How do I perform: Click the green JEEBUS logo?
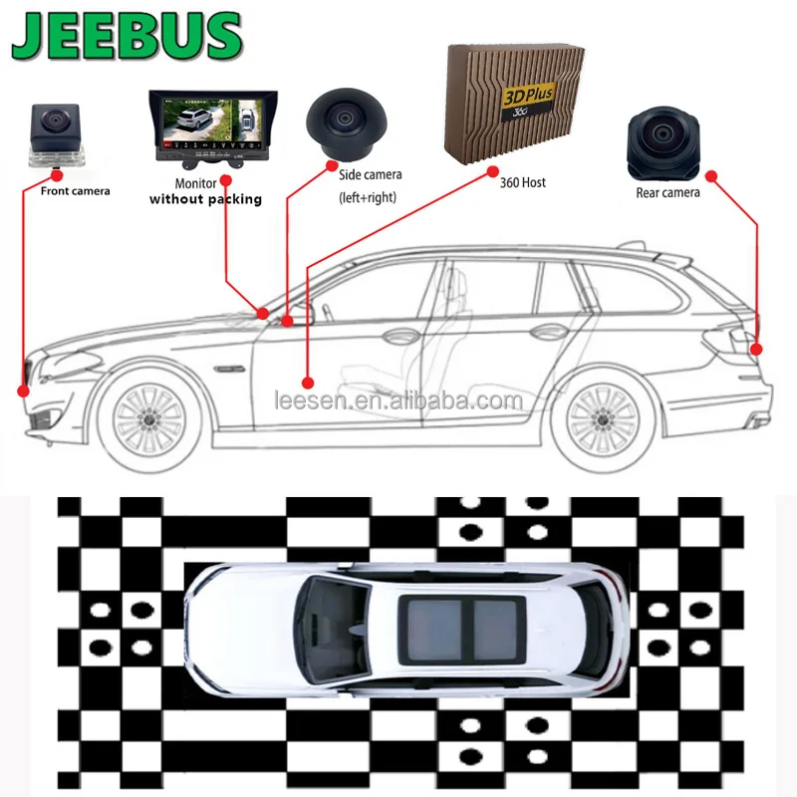[x=128, y=39]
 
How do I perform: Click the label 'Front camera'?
[x=76, y=190]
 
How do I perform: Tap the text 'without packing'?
[x=205, y=199]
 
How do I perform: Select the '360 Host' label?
[x=523, y=183]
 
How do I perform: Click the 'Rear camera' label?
[x=667, y=192]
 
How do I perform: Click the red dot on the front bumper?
[x=24, y=391]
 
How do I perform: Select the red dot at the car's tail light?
[x=758, y=350]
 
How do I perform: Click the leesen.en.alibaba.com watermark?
[x=398, y=401]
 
